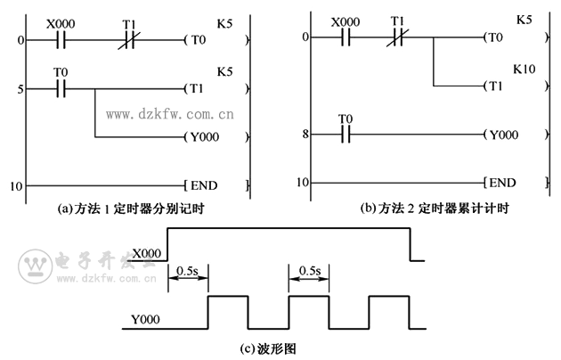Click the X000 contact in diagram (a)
[x=60, y=40]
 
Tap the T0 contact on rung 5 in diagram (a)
[x=60, y=88]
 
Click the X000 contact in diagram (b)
[x=343, y=37]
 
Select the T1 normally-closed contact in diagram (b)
[x=400, y=37]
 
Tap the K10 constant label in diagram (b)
[x=523, y=68]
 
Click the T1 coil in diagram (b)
[x=494, y=86]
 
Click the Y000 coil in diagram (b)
[x=500, y=135]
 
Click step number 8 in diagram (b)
[x=305, y=135]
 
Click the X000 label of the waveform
[x=146, y=253]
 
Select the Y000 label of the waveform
[x=146, y=318]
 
